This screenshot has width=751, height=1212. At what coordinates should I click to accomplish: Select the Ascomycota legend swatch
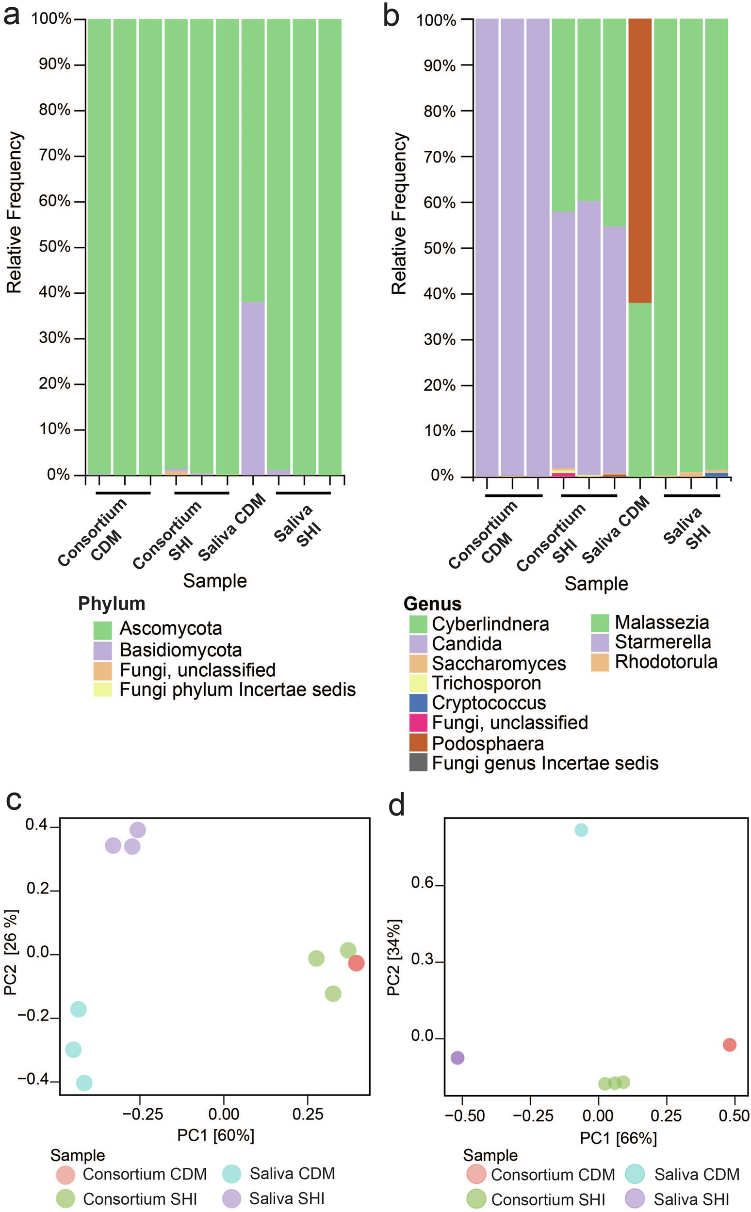103,630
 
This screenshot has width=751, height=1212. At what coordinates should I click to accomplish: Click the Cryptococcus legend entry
489,703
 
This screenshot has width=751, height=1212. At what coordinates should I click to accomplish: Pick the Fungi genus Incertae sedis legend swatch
418,763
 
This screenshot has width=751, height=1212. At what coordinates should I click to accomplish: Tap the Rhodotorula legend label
666,662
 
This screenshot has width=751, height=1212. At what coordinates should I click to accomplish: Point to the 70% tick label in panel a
55,155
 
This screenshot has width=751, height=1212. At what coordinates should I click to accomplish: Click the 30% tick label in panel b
440,340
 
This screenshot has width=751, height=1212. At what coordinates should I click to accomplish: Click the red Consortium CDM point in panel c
356,963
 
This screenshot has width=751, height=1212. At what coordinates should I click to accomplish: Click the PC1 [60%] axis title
215,1135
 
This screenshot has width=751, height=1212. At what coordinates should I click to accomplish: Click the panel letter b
392,16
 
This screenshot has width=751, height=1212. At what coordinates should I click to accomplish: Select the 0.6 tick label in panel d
422,883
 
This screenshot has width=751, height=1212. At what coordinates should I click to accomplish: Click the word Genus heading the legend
432,604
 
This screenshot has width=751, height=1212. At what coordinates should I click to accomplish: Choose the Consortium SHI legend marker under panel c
65,1198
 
